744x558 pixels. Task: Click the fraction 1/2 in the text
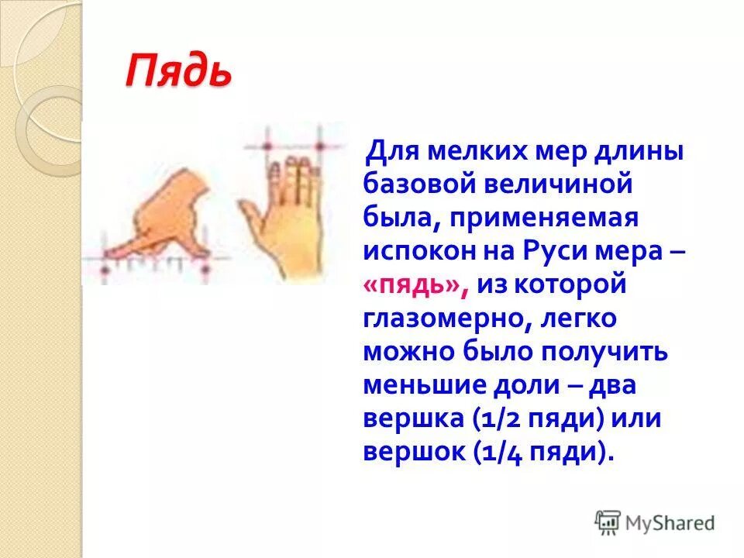point(503,418)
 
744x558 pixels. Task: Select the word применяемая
point(542,218)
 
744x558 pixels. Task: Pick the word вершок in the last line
point(412,452)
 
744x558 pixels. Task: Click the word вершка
point(412,418)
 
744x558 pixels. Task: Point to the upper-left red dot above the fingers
point(267,146)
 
